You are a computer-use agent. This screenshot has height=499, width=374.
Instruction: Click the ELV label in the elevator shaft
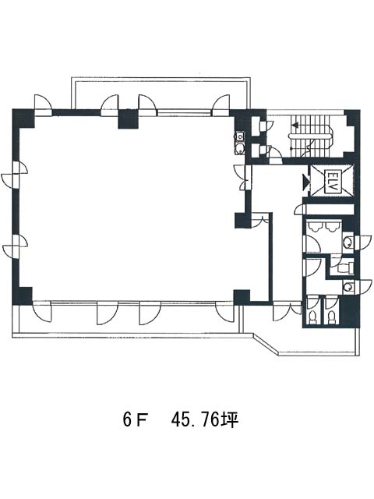[x=331, y=182]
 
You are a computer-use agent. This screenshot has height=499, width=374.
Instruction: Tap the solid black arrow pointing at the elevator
[x=306, y=182]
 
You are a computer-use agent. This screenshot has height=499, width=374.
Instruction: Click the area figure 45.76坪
[x=205, y=420]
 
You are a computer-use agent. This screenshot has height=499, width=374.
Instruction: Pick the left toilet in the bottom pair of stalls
[x=313, y=317]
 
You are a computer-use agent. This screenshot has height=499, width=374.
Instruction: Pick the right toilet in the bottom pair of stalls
[x=332, y=317]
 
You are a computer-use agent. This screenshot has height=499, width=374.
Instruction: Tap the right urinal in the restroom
[x=330, y=227]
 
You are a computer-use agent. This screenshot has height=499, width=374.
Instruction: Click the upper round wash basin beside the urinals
[x=348, y=242]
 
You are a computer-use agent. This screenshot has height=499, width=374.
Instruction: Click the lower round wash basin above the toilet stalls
[x=348, y=287]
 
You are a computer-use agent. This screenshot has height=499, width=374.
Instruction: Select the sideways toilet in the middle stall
[x=344, y=267]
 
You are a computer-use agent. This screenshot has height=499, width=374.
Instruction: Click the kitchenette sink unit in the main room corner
[x=239, y=143]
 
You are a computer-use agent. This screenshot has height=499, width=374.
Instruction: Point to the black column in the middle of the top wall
[x=128, y=119]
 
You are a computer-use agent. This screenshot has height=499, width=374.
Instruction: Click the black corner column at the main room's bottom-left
[x=23, y=296]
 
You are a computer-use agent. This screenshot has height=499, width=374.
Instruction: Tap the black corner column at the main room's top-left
[x=23, y=119]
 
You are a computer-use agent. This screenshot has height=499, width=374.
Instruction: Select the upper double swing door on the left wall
[x=16, y=174]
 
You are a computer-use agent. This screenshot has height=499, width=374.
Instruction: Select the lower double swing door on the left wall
[x=16, y=246]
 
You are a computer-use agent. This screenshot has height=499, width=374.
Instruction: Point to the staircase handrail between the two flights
[x=311, y=136]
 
